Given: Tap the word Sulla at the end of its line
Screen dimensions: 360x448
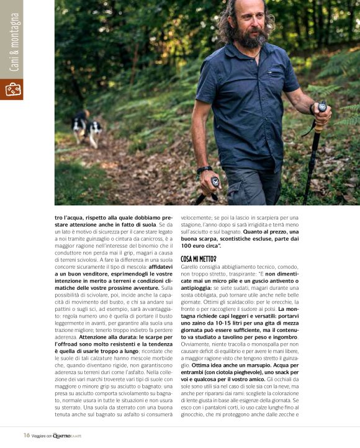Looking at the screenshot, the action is (x=166, y=287).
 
